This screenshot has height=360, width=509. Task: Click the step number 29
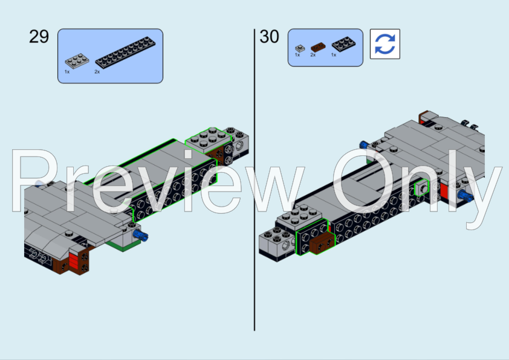point(39,37)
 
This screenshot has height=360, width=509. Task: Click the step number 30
point(270,37)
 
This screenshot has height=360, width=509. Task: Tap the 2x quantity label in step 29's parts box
point(97,71)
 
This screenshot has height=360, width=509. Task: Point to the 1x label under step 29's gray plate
point(67,71)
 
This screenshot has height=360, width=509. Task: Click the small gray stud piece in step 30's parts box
point(299,47)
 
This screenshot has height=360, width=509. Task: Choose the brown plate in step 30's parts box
point(317,46)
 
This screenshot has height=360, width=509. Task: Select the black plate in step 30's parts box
point(342,43)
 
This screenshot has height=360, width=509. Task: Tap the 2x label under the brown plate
point(313,55)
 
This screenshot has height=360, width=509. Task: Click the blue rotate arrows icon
point(384,45)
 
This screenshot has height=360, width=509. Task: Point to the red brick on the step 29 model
point(73,261)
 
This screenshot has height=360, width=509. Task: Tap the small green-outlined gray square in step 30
point(421,189)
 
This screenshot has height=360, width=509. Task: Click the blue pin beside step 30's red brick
point(467,196)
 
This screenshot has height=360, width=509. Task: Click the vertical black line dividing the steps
point(254,181)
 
